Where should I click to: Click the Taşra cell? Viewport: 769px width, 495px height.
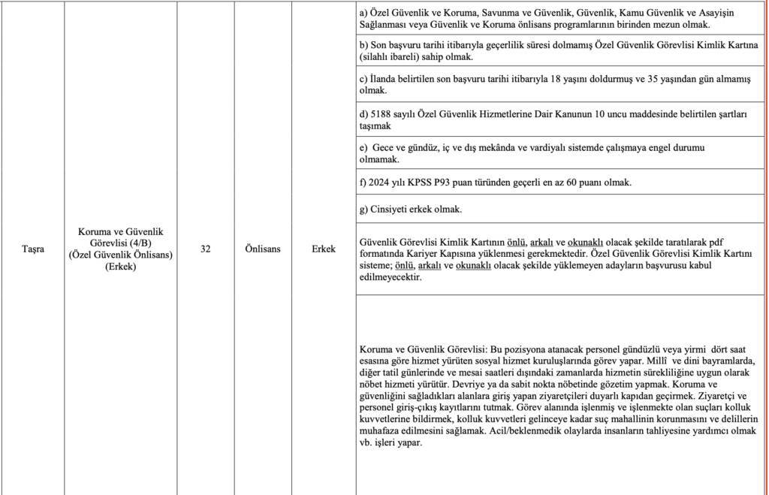click(x=32, y=249)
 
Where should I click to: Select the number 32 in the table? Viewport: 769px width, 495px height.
click(x=206, y=249)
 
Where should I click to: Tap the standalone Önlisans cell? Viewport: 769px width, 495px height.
click(x=263, y=249)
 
